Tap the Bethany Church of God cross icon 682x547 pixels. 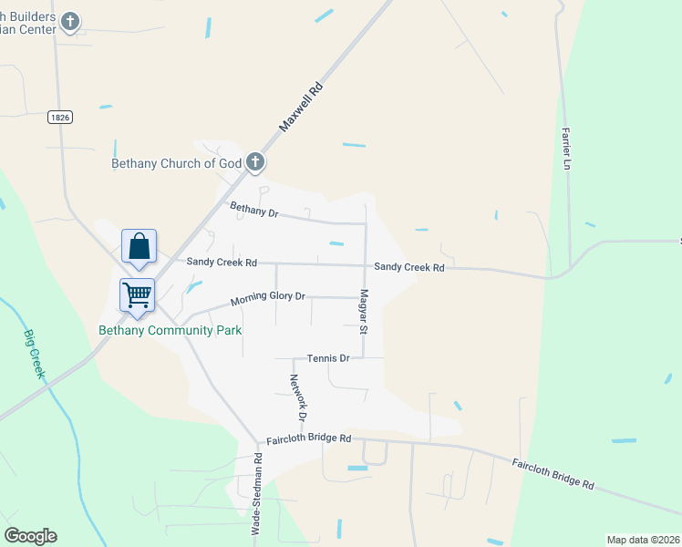[255, 163]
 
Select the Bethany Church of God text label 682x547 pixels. [176, 164]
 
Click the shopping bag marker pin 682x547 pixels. [139, 246]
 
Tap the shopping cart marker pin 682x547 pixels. [137, 295]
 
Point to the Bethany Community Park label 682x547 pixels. [170, 330]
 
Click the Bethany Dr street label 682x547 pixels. [253, 212]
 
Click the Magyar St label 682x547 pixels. [363, 311]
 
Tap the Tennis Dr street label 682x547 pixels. [328, 358]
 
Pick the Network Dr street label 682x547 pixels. [300, 397]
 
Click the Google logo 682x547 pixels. [30, 536]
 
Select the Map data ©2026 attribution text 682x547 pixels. [644, 540]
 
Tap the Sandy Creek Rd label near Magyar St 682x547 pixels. [409, 268]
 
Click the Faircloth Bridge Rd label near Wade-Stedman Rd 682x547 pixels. [308, 439]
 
